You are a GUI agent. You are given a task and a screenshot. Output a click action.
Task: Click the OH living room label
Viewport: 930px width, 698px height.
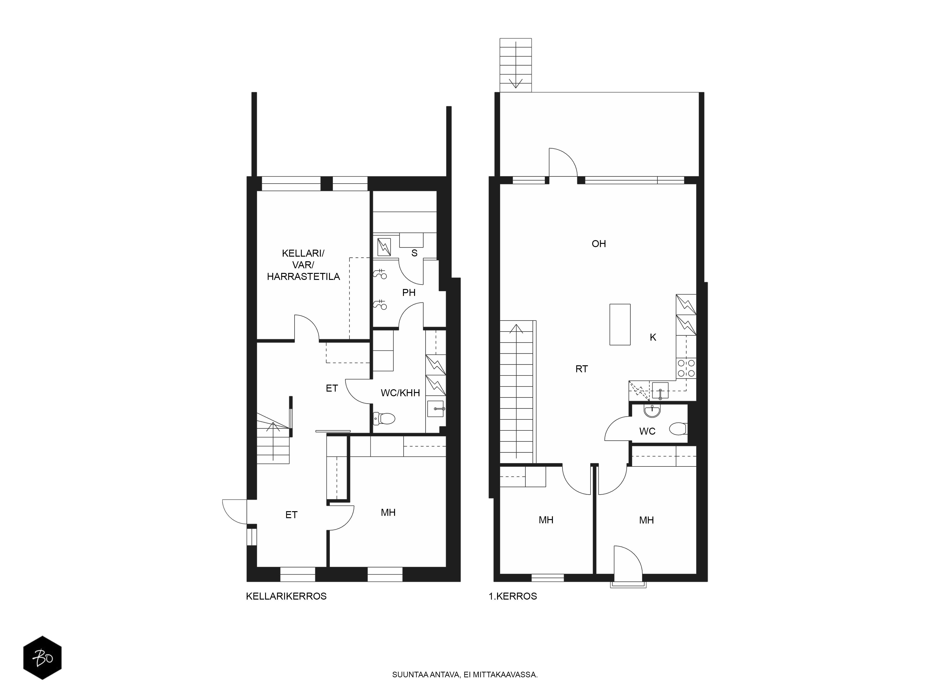[x=599, y=244]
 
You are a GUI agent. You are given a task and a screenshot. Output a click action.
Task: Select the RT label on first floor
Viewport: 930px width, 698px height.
[x=581, y=369]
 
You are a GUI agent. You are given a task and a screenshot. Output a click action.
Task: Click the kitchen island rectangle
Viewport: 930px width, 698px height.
[x=620, y=324]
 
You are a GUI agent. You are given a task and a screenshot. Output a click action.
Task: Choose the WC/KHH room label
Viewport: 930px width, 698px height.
[x=400, y=393]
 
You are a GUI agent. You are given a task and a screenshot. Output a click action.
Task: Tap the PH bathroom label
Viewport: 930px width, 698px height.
[x=409, y=292]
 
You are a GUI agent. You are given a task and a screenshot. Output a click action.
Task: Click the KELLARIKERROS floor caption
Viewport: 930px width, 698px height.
[x=286, y=596]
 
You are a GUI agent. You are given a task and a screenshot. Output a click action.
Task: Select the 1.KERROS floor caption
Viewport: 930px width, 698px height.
[x=512, y=596]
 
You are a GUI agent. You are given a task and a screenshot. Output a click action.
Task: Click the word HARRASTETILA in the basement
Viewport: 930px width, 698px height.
[x=304, y=277]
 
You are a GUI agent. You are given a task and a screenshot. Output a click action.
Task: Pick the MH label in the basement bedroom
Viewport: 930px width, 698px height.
[x=388, y=513]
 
